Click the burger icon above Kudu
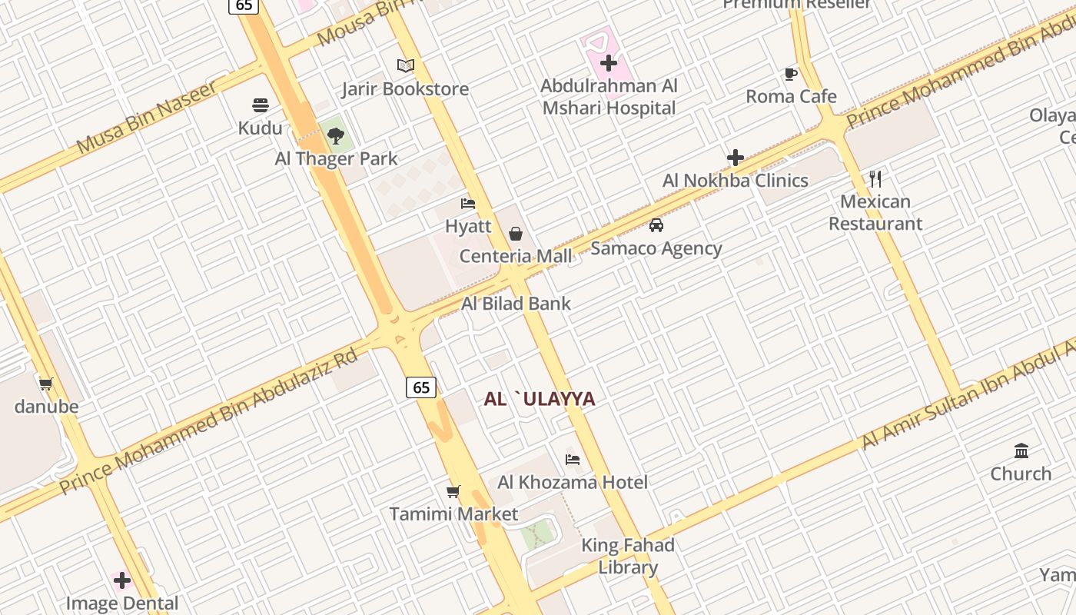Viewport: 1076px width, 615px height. [x=261, y=105]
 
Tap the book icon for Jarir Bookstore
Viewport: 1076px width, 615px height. [x=405, y=65]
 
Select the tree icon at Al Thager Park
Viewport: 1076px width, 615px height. [x=335, y=136]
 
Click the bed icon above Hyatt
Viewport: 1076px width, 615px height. [x=468, y=204]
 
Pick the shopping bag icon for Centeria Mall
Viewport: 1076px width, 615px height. [x=516, y=233]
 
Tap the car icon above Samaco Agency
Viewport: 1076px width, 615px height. [x=656, y=225]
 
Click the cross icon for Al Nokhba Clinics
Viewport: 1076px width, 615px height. [x=736, y=158]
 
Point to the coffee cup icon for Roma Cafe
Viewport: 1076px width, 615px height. [x=791, y=74]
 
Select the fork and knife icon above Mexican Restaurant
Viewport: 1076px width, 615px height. [x=875, y=179]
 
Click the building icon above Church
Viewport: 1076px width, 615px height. [x=1021, y=450]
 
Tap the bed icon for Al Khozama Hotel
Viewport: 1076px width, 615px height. [x=573, y=460]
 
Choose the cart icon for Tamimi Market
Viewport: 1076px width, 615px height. [x=453, y=491]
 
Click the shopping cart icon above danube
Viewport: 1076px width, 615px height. [x=46, y=384]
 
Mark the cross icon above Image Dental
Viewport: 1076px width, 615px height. [x=122, y=580]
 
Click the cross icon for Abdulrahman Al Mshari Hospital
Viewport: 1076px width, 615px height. [x=609, y=63]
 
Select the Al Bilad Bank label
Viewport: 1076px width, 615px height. [x=516, y=304]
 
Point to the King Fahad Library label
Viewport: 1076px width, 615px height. [x=628, y=557]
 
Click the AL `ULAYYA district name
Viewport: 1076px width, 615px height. [x=540, y=399]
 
